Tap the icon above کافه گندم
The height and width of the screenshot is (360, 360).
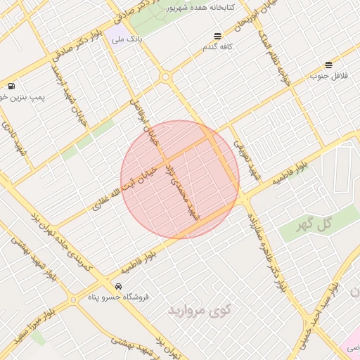click(x=217, y=36)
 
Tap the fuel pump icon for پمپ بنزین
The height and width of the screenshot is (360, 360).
click(x=11, y=86)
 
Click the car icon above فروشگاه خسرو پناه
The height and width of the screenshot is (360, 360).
click(x=118, y=286)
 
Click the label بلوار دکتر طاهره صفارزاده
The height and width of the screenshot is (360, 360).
click(x=265, y=246)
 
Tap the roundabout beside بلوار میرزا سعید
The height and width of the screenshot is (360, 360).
click(x=73, y=300)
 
